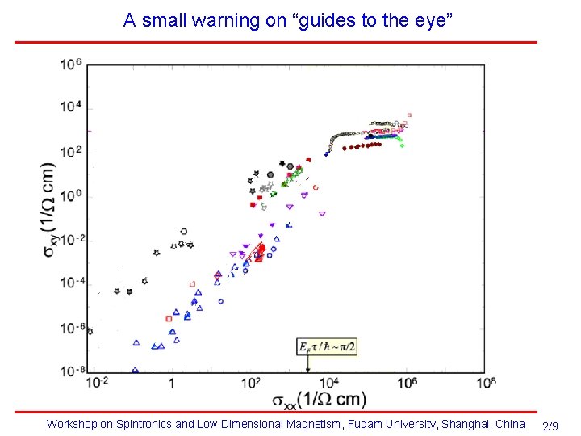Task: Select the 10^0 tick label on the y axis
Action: tap(71, 196)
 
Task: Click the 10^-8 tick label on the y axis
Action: tap(71, 371)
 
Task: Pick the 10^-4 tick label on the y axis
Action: tap(71, 283)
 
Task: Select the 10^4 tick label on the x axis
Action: tap(328, 382)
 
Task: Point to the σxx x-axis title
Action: tap(318, 399)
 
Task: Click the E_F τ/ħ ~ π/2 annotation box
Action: tap(328, 346)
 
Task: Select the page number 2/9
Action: tap(552, 426)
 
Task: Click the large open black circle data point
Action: tap(184, 232)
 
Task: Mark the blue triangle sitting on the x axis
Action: tap(135, 371)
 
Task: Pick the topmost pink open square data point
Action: tap(409, 115)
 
